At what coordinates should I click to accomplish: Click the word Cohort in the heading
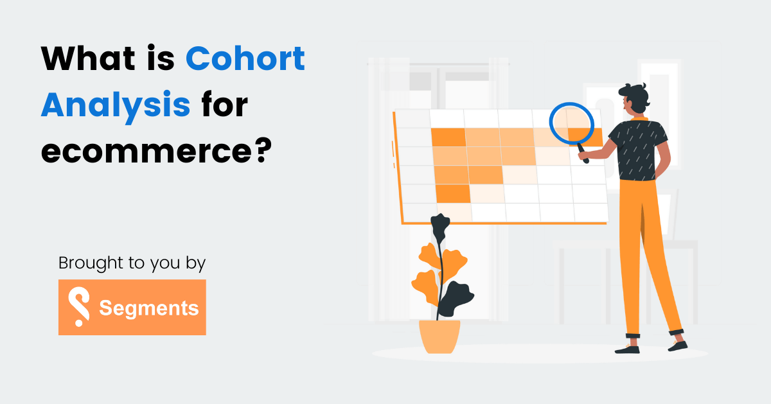click(x=245, y=60)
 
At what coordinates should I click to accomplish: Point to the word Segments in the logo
click(x=148, y=308)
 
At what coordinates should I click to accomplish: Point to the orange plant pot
click(x=439, y=336)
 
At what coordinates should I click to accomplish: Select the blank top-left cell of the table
click(x=412, y=119)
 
